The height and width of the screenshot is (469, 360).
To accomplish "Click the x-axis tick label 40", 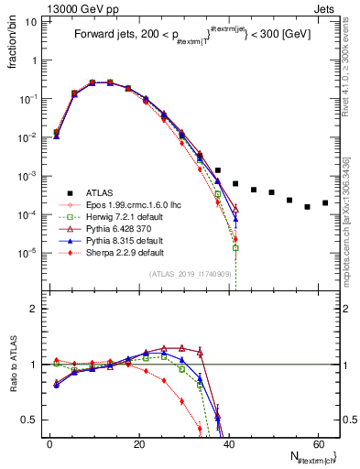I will click(228, 443).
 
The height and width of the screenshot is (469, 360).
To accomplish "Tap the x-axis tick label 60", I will click(317, 443).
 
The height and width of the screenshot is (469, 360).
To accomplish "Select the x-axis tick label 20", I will click(138, 443).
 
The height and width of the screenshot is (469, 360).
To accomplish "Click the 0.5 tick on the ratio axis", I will click(36, 420).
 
